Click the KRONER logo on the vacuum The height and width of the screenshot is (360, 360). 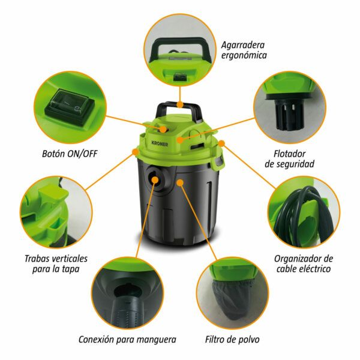pyautogui.click(x=160, y=144)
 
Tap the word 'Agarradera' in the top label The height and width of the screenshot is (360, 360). pyautogui.click(x=242, y=45)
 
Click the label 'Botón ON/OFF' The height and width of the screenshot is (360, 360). pyautogui.click(x=70, y=154)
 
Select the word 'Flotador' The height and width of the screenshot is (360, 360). pyautogui.click(x=289, y=154)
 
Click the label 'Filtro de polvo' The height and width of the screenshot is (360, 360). pyautogui.click(x=232, y=340)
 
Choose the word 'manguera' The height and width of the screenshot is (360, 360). pyautogui.click(x=156, y=340)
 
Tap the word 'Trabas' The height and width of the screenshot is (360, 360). pyautogui.click(x=38, y=259)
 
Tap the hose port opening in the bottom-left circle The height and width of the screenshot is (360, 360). pyautogui.click(x=125, y=291)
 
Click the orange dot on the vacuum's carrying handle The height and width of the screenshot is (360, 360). pyautogui.click(x=180, y=104)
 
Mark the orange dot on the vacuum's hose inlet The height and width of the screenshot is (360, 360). pyautogui.click(x=155, y=179)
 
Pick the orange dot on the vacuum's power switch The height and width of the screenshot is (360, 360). pyautogui.click(x=163, y=130)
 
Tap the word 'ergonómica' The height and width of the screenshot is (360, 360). pyautogui.click(x=244, y=55)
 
